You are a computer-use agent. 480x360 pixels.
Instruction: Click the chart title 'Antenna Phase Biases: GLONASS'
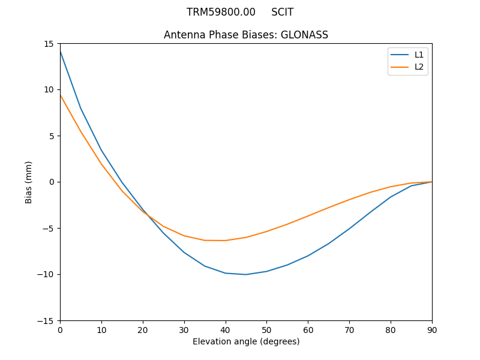coord(246,35)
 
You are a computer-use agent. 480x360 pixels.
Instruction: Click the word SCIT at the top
coord(282,12)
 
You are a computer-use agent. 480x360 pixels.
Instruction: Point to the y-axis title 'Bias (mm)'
coord(29,182)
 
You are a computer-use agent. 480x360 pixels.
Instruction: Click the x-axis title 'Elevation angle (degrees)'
coord(246,341)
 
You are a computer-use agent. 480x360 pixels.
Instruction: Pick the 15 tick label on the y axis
coord(48,43)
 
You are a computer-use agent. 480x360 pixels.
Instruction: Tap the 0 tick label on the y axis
coord(52,182)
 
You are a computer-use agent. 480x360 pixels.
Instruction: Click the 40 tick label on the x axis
coord(226,329)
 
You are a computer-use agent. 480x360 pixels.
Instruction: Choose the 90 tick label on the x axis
coord(432,329)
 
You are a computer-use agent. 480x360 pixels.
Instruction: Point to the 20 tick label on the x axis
coord(143,329)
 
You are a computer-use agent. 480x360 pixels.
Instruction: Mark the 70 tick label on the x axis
coord(349,329)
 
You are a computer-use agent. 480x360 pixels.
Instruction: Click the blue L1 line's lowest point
coord(246,274)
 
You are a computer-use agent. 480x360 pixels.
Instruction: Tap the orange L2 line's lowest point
coord(226,241)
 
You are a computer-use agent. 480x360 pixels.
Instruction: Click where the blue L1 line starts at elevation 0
coord(60,52)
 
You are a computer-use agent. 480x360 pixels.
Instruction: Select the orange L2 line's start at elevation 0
coord(60,95)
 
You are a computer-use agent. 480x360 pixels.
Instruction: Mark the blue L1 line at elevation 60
coord(308,256)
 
